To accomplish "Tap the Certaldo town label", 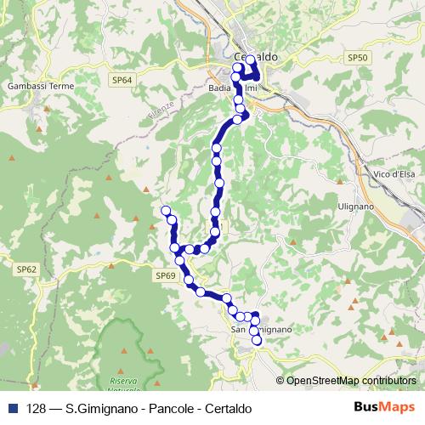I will [x=256, y=56].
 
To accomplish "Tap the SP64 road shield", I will [x=122, y=79].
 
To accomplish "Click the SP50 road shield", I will [x=358, y=57].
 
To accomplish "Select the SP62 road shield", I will [x=26, y=269].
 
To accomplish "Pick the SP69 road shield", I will [x=165, y=275].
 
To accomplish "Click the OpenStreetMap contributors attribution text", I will [x=350, y=381].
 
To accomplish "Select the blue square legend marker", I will [x=13, y=407].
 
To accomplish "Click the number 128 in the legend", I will [x=37, y=407].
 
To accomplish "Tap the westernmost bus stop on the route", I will [x=166, y=210].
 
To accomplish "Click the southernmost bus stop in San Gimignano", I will [x=257, y=341].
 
